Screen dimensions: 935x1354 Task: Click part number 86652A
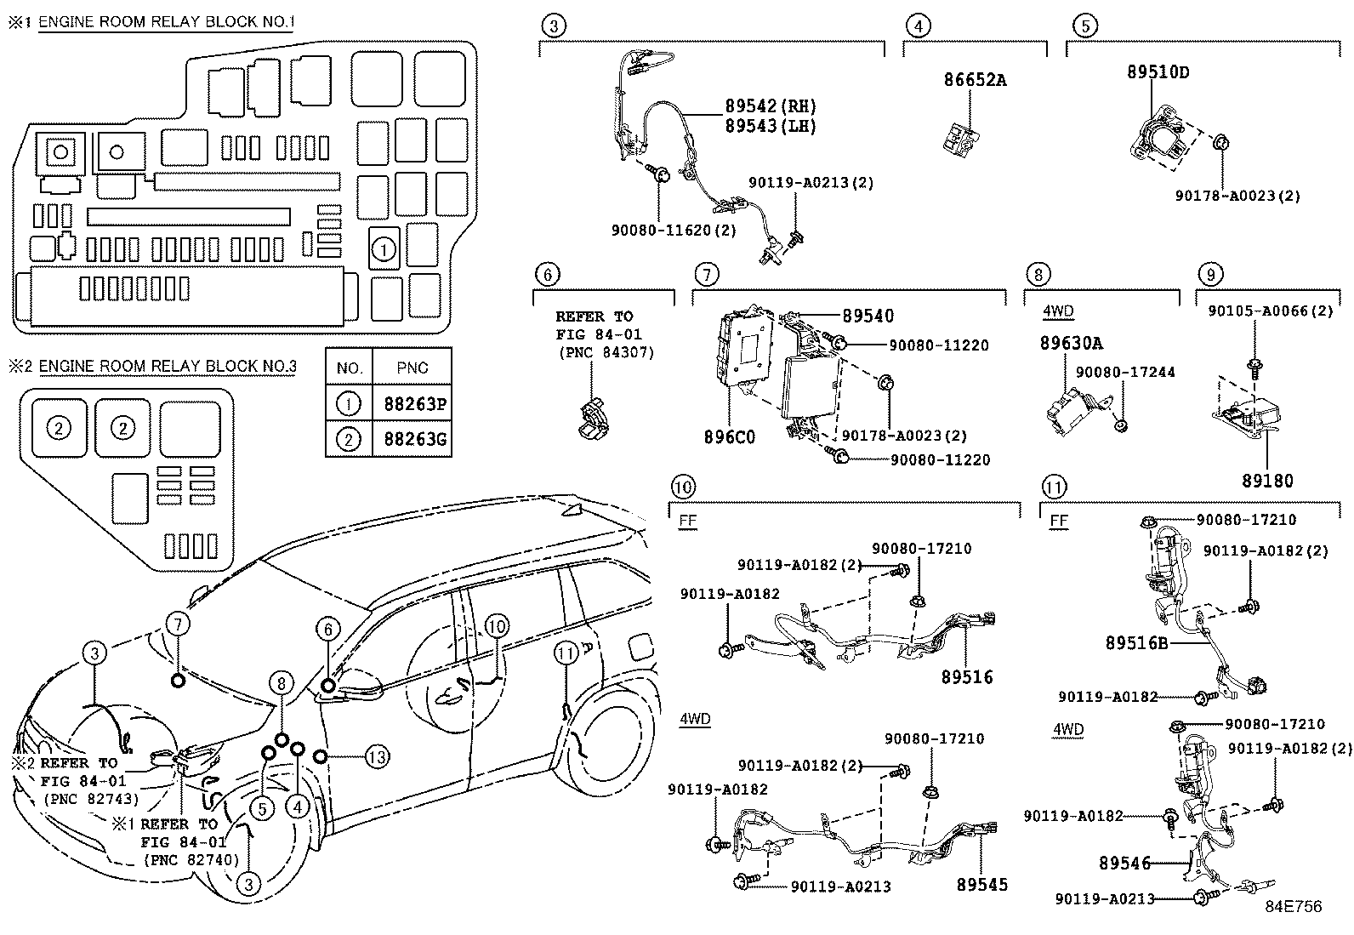click(x=975, y=81)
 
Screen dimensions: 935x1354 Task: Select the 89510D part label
click(x=1158, y=72)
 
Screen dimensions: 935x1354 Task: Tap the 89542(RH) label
click(x=771, y=106)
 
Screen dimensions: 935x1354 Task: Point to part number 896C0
click(x=729, y=437)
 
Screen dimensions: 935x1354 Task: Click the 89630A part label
click(x=1071, y=343)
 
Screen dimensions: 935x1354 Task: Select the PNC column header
click(x=412, y=368)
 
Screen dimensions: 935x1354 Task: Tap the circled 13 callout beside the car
click(x=377, y=755)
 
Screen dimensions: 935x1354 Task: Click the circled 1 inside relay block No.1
click(x=384, y=250)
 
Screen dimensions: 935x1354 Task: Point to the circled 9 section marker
click(x=1209, y=274)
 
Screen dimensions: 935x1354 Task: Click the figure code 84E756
click(x=1293, y=907)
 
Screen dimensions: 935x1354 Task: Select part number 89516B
click(x=1136, y=643)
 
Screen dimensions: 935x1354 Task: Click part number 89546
click(x=1124, y=864)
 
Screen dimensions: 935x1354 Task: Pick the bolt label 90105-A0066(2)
click(x=1271, y=311)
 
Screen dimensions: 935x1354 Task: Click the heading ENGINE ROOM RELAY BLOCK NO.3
click(x=168, y=367)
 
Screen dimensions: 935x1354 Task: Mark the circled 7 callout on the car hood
click(x=177, y=624)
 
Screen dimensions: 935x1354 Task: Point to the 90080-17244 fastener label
click(x=1125, y=373)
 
